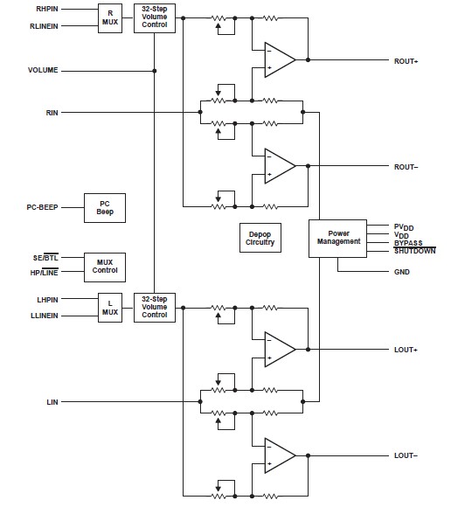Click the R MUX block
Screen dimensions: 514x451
[110, 18]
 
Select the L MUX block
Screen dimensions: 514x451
[110, 308]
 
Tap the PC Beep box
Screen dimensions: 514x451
[104, 207]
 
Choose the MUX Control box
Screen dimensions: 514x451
[104, 265]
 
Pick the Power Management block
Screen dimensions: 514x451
[337, 238]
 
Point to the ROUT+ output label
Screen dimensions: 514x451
[406, 61]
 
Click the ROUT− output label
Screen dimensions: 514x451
[406, 166]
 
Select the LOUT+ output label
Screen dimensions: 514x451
[406, 350]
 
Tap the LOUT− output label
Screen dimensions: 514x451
[406, 455]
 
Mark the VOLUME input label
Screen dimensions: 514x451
[43, 70]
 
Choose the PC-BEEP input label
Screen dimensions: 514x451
[42, 207]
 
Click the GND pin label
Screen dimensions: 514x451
[401, 272]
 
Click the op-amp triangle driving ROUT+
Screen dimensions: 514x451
[279, 60]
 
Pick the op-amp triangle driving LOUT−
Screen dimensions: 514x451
[279, 455]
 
